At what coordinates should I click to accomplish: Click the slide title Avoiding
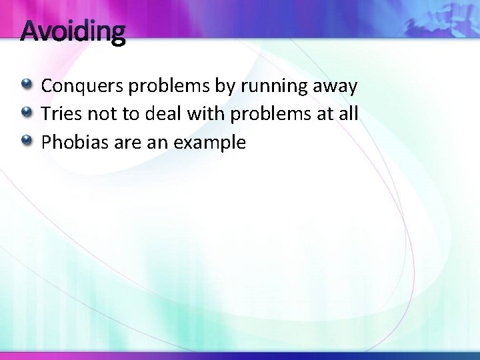(x=73, y=31)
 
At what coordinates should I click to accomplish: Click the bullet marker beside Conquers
(x=27, y=85)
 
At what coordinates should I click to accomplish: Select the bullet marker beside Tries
(x=27, y=113)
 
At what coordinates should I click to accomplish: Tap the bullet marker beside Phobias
(x=27, y=141)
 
